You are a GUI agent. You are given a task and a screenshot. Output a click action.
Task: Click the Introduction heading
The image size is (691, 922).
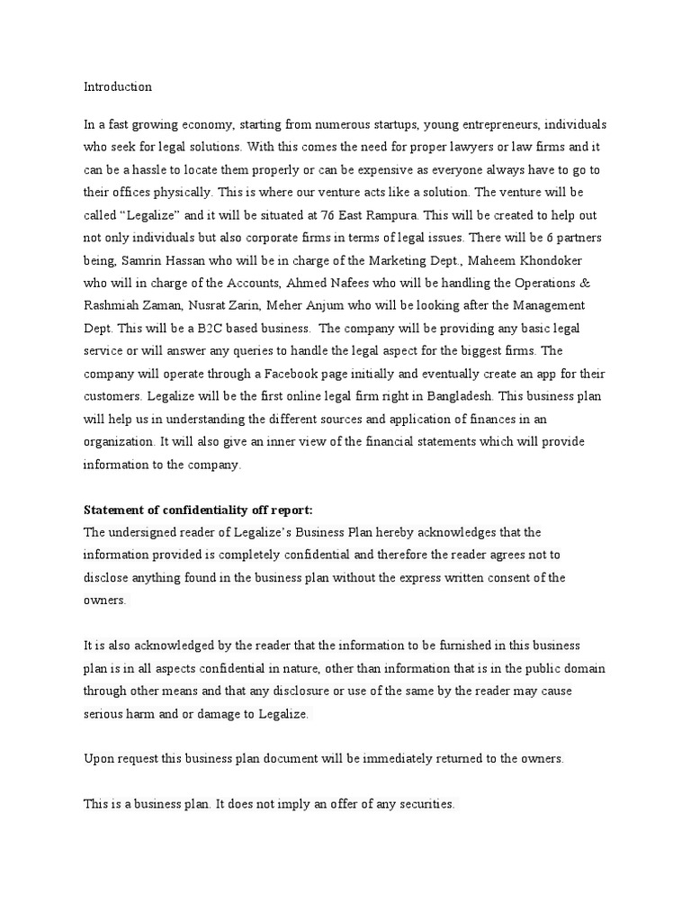pyautogui.click(x=118, y=87)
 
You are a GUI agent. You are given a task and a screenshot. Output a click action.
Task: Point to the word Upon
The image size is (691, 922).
pyautogui.click(x=99, y=758)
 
